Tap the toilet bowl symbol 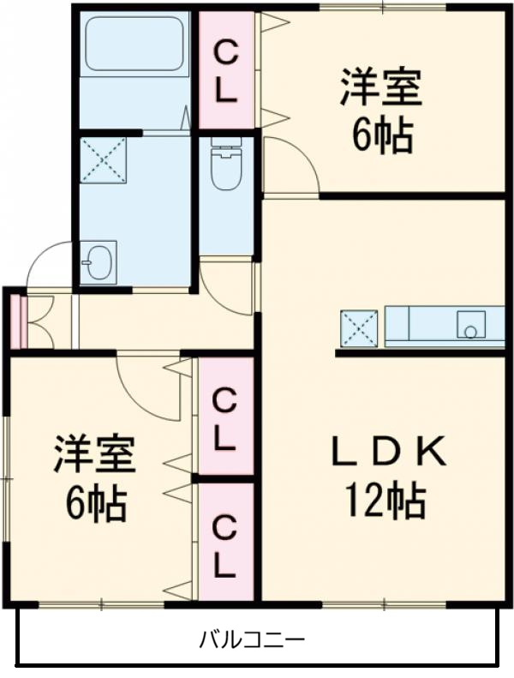click(226, 167)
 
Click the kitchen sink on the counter click(470, 325)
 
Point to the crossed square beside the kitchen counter click(358, 327)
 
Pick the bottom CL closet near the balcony click(225, 543)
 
